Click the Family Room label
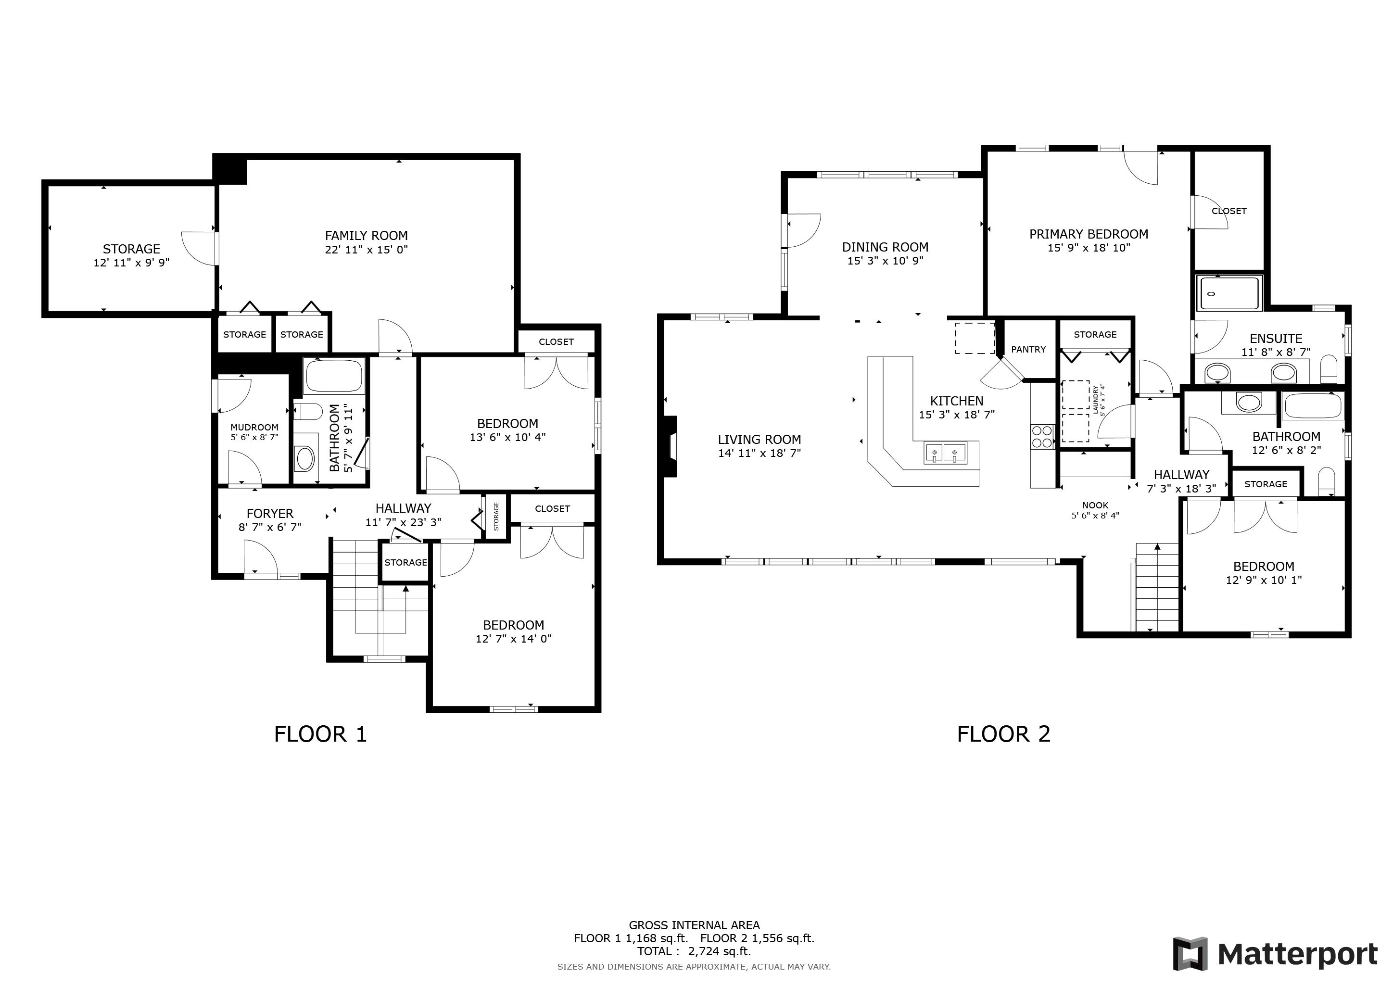coord(366,235)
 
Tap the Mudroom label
coord(254,427)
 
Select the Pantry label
coord(1028,349)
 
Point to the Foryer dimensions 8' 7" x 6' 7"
coord(269,527)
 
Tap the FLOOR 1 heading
coord(320,734)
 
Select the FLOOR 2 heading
coord(1003,734)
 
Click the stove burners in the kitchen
coord(1042,436)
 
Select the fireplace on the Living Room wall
coord(671,446)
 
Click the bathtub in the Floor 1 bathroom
coord(334,376)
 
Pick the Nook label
coord(1095,505)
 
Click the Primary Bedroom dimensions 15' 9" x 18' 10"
coord(1089,248)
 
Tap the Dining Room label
coord(885,247)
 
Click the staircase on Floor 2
coord(1157,587)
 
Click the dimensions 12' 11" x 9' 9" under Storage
coord(131,263)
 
